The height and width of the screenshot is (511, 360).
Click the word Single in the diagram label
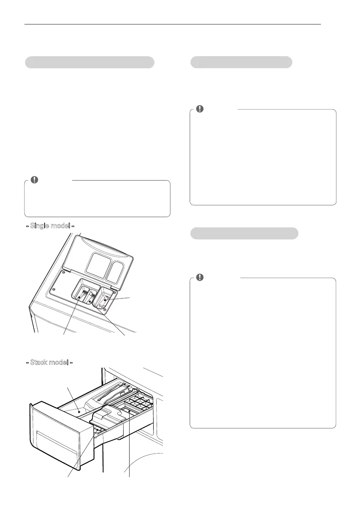pos(41,227)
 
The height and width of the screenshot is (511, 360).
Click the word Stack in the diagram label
pos(39,362)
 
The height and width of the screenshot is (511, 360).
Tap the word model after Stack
pos(58,362)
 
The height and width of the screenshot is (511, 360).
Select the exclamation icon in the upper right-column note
pos(199,109)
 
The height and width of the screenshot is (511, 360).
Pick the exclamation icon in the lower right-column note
pos(199,277)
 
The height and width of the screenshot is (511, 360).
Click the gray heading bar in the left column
pos(89,62)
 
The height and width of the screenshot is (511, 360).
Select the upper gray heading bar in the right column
pos(241,62)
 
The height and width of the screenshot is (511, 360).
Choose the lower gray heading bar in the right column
pos(244,233)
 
